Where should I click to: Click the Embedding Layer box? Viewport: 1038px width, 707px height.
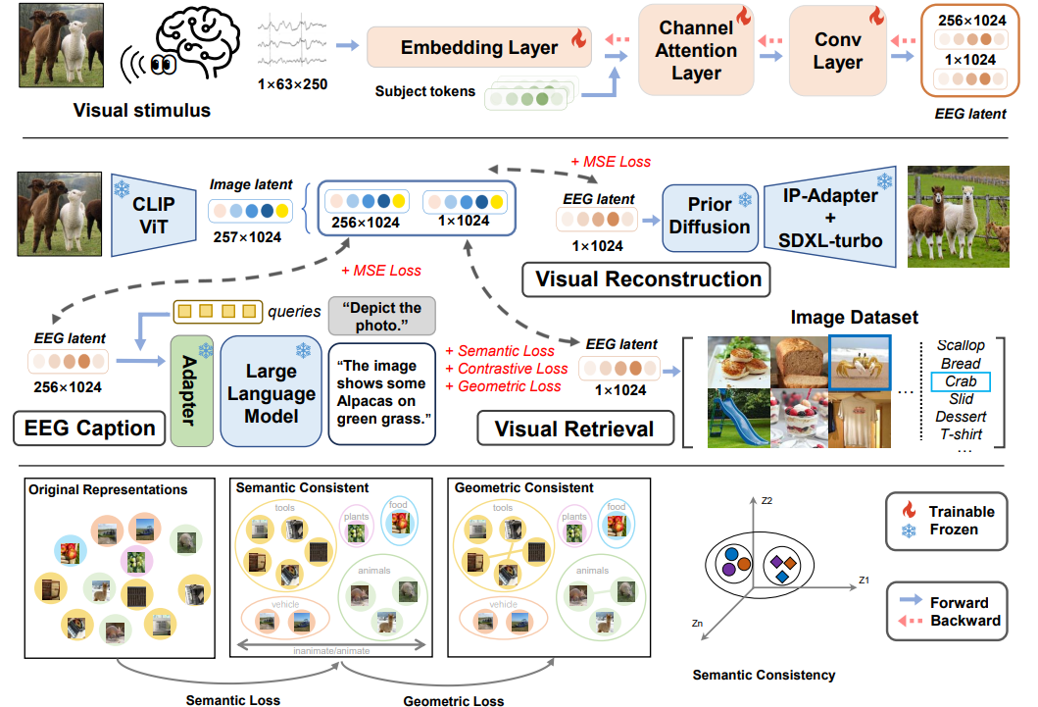[478, 47]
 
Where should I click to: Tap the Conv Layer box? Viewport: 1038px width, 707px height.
[838, 51]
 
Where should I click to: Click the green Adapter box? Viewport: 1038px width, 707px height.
[191, 389]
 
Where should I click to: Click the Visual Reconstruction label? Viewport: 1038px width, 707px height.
[648, 278]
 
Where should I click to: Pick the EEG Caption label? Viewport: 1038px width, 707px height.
[90, 428]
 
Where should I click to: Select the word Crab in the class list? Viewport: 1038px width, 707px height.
[961, 381]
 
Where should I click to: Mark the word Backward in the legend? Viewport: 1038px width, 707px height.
[964, 621]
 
